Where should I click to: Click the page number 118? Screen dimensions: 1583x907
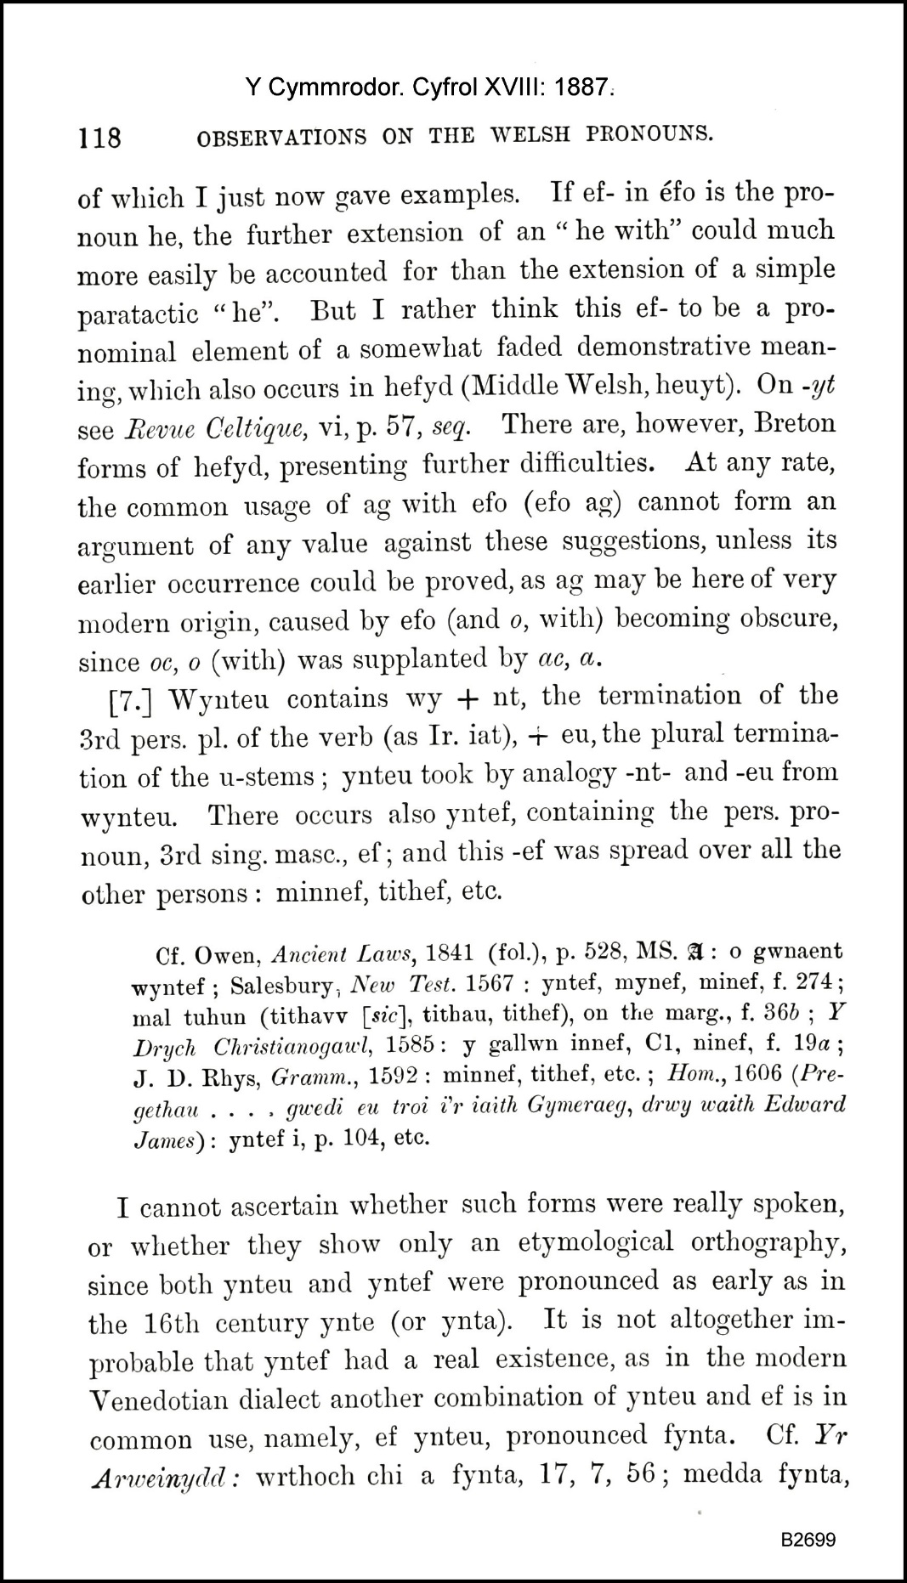click(x=99, y=137)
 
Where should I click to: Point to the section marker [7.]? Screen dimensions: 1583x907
click(x=133, y=700)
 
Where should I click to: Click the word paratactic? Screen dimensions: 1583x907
click(x=138, y=314)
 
